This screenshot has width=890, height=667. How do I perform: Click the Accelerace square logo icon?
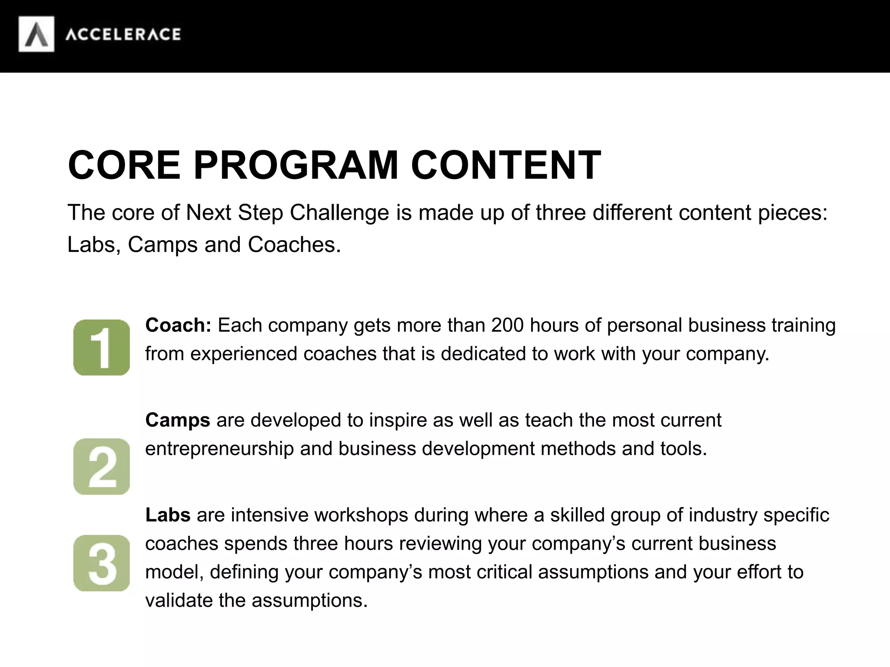[37, 34]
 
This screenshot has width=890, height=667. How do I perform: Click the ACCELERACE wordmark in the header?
[123, 34]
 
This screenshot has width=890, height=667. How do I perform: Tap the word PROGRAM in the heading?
[296, 165]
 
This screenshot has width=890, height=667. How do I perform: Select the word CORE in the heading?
[124, 165]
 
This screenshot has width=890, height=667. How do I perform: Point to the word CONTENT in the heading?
[506, 165]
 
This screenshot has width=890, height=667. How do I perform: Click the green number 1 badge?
[102, 347]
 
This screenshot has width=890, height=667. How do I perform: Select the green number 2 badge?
[102, 466]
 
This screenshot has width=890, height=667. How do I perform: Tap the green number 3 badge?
[102, 563]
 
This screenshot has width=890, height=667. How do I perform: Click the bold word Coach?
[178, 325]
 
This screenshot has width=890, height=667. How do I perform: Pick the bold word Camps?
[178, 420]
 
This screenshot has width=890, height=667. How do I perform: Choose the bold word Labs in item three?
[168, 515]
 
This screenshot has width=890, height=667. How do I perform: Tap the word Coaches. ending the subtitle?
[294, 245]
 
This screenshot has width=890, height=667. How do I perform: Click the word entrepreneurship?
[219, 449]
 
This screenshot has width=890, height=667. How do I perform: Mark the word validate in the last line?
[179, 601]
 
